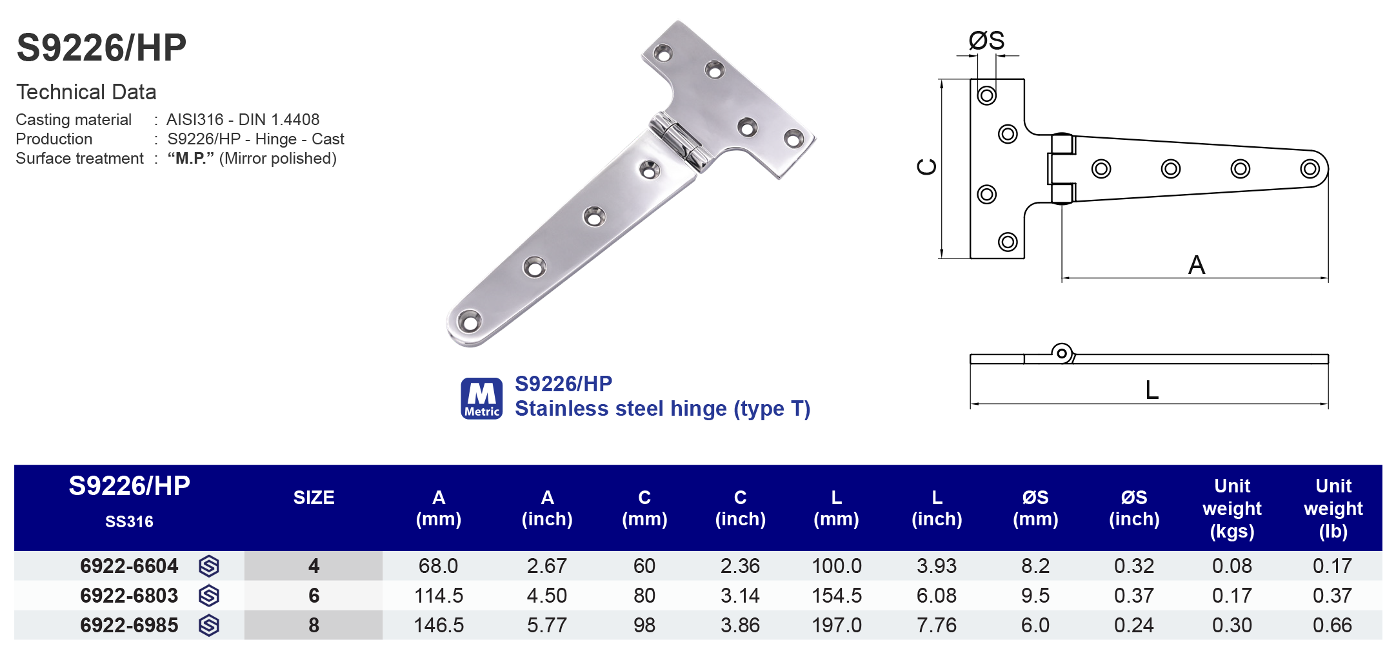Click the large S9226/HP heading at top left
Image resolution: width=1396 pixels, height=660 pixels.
pyautogui.click(x=101, y=48)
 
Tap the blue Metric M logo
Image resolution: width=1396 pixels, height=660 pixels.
pyautogui.click(x=481, y=398)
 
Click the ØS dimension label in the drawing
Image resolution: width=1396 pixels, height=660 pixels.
pyautogui.click(x=986, y=41)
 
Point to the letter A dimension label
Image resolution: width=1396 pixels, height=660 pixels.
pyautogui.click(x=1197, y=265)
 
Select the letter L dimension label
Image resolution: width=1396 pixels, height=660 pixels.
pyautogui.click(x=1152, y=390)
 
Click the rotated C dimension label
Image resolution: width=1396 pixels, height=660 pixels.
pyautogui.click(x=927, y=167)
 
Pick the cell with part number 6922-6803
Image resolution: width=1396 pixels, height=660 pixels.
pyautogui.click(x=129, y=596)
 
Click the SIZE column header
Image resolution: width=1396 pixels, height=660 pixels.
pyautogui.click(x=314, y=498)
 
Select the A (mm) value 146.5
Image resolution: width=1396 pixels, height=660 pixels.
pyautogui.click(x=439, y=625)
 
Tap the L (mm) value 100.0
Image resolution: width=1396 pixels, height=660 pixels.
pyautogui.click(x=836, y=566)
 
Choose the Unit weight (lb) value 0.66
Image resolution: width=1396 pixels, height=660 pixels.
pyautogui.click(x=1332, y=625)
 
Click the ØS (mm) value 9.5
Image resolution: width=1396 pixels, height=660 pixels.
pyautogui.click(x=1035, y=596)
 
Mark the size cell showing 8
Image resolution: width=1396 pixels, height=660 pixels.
pyautogui.click(x=314, y=625)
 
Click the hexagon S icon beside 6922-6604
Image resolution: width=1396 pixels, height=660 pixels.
pyautogui.click(x=209, y=566)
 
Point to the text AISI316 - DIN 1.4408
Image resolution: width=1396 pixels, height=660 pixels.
pyautogui.click(x=243, y=120)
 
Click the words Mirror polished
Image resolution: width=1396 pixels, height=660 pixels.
pyautogui.click(x=277, y=159)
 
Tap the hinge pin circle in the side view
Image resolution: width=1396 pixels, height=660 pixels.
pyautogui.click(x=1061, y=353)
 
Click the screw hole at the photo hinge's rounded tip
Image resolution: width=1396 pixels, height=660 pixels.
pyautogui.click(x=469, y=321)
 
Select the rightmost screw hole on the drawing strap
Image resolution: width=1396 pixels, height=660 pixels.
pyautogui.click(x=1310, y=169)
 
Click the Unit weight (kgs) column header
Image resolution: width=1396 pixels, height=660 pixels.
pyautogui.click(x=1231, y=508)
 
